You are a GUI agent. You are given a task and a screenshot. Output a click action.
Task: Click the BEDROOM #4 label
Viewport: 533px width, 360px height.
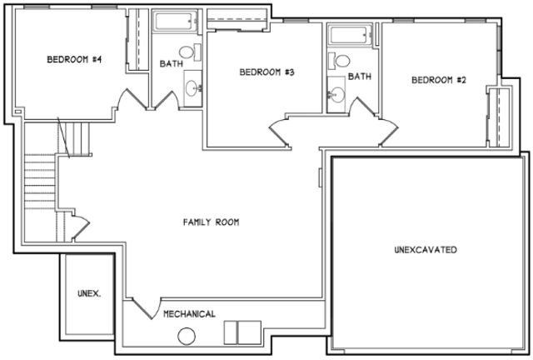tap(73, 59)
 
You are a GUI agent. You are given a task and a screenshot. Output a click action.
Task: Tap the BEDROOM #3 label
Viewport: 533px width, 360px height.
tap(267, 72)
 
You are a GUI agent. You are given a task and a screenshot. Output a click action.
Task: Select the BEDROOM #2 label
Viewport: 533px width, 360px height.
tap(437, 80)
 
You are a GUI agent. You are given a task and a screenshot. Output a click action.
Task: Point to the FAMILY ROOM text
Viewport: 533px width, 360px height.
tap(212, 222)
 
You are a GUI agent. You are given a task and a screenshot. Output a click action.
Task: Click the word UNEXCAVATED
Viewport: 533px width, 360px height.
tap(425, 250)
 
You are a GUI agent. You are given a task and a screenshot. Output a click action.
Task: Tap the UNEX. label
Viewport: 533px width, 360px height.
tap(88, 293)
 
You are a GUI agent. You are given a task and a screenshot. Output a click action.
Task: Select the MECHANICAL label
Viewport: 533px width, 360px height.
tap(189, 314)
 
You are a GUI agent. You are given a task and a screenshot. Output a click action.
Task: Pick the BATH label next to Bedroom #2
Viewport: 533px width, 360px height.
tap(359, 77)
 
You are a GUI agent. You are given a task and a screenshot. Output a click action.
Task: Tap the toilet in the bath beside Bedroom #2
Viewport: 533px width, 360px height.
tap(340, 61)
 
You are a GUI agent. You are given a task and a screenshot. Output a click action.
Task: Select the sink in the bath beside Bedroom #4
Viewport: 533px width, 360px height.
tap(193, 86)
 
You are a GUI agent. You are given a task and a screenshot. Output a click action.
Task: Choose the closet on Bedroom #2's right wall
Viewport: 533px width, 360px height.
tap(501, 116)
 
